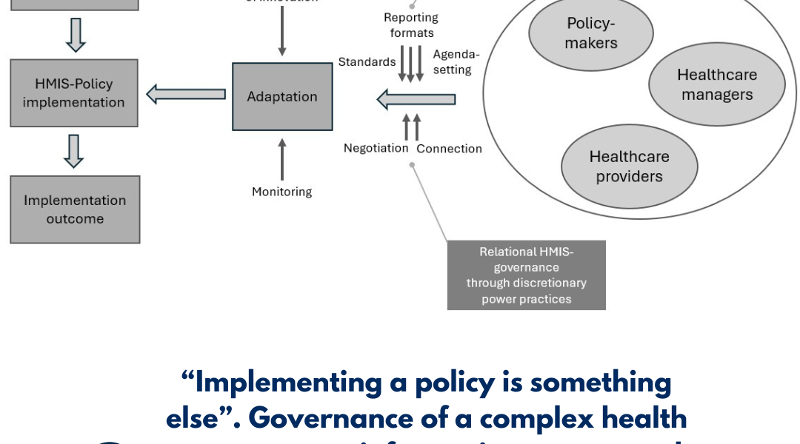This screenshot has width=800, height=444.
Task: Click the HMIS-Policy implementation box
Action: tap(74, 93)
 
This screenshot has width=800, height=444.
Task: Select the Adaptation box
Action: tap(282, 97)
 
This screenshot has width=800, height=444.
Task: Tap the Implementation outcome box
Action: tap(75, 209)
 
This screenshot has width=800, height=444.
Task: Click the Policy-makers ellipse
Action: tap(590, 33)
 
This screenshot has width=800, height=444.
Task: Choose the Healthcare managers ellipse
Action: tap(716, 85)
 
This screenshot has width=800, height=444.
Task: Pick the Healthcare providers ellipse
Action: tap(629, 166)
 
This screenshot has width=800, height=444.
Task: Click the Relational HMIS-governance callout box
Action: tap(526, 275)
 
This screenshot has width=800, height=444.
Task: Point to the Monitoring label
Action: tap(281, 192)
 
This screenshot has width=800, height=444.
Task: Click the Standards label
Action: tap(367, 62)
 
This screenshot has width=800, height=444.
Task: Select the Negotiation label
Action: tap(376, 148)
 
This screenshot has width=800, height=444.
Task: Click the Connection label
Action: tap(449, 149)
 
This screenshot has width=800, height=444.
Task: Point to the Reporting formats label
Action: tap(411, 25)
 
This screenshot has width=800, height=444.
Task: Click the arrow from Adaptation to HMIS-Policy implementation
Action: tap(186, 94)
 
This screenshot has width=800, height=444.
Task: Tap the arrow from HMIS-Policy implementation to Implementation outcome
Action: tap(74, 151)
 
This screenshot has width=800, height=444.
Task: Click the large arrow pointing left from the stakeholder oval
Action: tap(416, 98)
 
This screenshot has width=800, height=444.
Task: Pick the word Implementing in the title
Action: tap(291, 383)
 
